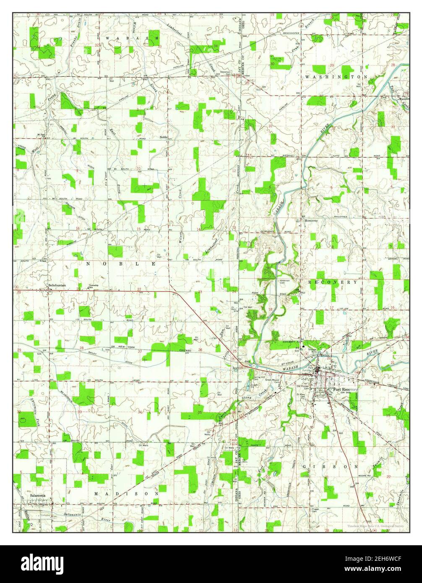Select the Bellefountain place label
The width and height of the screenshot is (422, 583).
(x=57, y=285)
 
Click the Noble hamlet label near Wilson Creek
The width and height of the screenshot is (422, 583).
(x=163, y=137)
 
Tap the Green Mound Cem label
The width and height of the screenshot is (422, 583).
(x=272, y=381)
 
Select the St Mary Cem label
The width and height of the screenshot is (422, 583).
(x=301, y=395)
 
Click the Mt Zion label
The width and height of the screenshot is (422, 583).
(x=41, y=135)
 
